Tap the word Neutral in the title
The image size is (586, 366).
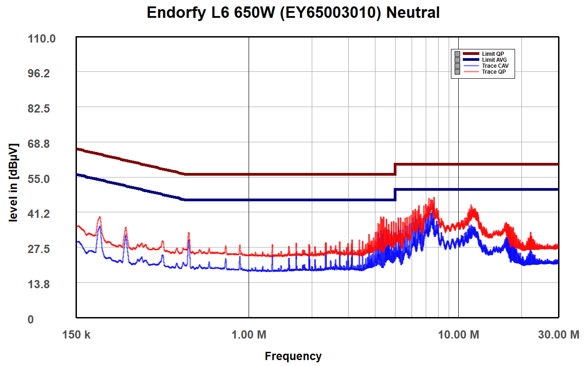413,13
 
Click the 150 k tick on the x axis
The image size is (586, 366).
76,335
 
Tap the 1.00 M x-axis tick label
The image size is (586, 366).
249,335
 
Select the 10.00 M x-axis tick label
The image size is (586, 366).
459,335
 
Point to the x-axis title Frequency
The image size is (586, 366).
293,356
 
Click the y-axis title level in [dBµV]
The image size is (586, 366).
14,183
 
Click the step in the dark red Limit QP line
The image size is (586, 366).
395,169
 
